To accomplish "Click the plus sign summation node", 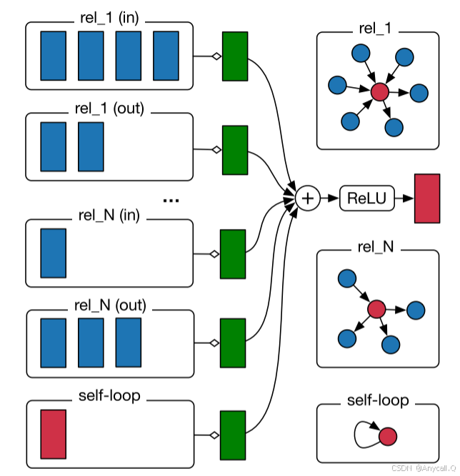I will (307, 198).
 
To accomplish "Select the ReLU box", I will (367, 198).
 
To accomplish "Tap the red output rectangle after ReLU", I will (427, 198).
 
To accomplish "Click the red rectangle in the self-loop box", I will (53, 433).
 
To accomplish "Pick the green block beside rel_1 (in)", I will (235, 56).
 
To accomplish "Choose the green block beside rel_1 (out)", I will (234, 149).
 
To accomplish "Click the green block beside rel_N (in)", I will (233, 253).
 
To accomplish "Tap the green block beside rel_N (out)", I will (233, 343).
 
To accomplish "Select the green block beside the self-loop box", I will (233, 435).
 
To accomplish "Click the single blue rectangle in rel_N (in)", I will (53, 252).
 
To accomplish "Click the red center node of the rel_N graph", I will (376, 309).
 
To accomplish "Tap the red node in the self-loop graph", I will (387, 435).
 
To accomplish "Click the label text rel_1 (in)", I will (109, 18).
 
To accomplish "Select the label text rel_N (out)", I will (109, 306).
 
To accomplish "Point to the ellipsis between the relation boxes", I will (170, 202).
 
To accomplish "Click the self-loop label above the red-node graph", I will (376, 400).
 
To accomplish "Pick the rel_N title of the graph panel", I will (376, 247).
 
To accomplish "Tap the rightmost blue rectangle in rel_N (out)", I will (129, 343).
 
